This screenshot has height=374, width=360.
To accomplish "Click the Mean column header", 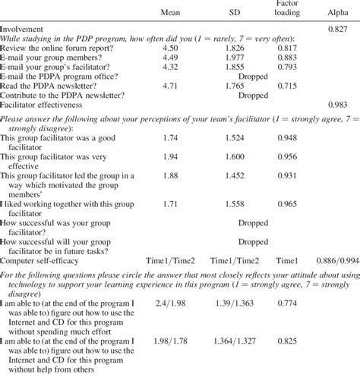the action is [x=175, y=12].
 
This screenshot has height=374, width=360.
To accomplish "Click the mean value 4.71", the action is [x=175, y=86].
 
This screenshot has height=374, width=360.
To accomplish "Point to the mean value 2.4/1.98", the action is [x=175, y=303].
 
